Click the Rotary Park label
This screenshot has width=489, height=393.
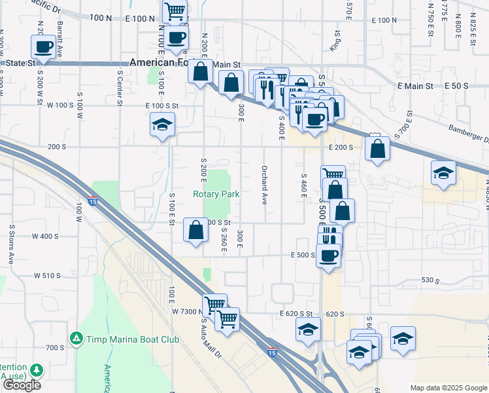click(x=216, y=194)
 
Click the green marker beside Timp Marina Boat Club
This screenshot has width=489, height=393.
click(x=76, y=338)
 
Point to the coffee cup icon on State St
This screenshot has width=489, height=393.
click(x=44, y=48)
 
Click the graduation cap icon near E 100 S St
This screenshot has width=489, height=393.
click(x=161, y=125)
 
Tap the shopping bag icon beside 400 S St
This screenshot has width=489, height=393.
click(x=196, y=230)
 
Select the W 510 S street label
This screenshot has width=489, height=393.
click(x=47, y=276)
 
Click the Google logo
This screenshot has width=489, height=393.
click(x=22, y=385)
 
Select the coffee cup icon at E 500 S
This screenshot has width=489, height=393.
click(x=329, y=254)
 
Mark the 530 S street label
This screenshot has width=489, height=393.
click(x=430, y=280)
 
